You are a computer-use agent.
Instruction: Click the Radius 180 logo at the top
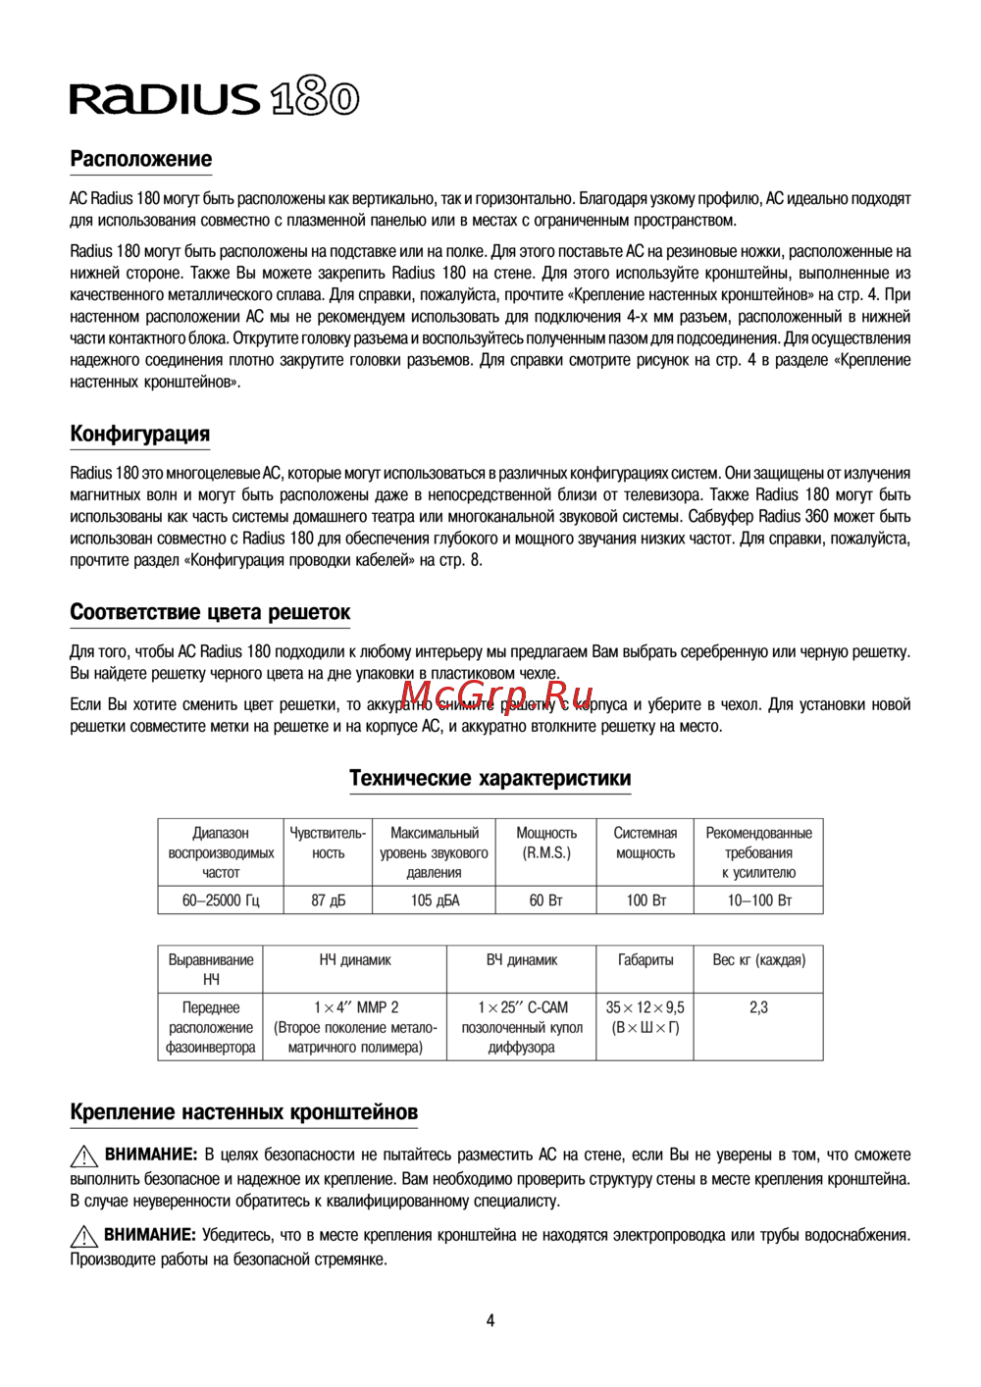click(x=214, y=98)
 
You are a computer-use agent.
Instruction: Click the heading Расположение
click(x=140, y=159)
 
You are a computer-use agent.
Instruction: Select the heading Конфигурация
click(x=139, y=434)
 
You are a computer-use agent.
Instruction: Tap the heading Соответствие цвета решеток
click(x=210, y=612)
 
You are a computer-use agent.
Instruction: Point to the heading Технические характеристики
click(x=490, y=778)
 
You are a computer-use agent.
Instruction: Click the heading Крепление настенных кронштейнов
click(x=243, y=1112)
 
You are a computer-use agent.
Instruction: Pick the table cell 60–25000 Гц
click(x=221, y=900)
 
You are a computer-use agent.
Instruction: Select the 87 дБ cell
click(x=328, y=900)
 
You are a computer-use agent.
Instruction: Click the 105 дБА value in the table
click(x=435, y=900)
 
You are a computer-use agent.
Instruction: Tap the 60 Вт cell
click(x=546, y=900)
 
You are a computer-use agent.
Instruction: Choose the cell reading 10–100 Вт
click(x=758, y=900)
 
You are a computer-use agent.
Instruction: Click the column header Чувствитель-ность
click(x=328, y=843)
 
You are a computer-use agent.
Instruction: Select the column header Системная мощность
click(x=645, y=843)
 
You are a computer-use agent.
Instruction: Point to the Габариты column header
click(x=645, y=960)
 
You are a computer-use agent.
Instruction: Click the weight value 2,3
click(x=758, y=1007)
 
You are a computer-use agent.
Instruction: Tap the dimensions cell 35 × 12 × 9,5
click(x=645, y=1017)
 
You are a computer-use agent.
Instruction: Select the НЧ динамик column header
click(x=354, y=960)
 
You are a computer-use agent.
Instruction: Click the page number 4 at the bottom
click(x=490, y=1320)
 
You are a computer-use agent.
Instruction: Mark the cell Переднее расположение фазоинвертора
click(x=211, y=1027)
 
